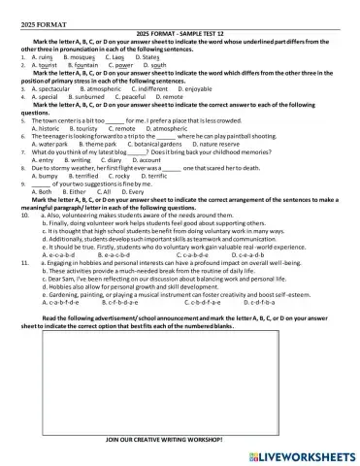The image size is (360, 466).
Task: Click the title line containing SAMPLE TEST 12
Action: pyautogui.click(x=180, y=35)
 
